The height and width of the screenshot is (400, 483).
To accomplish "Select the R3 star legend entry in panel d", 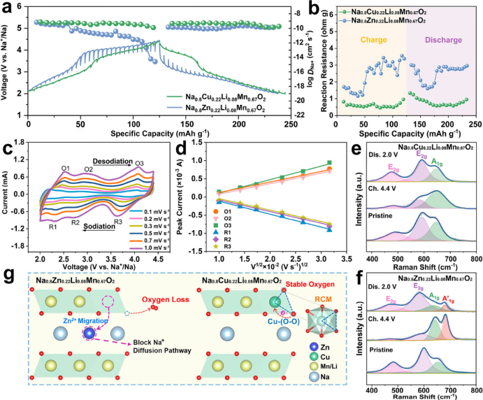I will (x=222, y=247).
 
